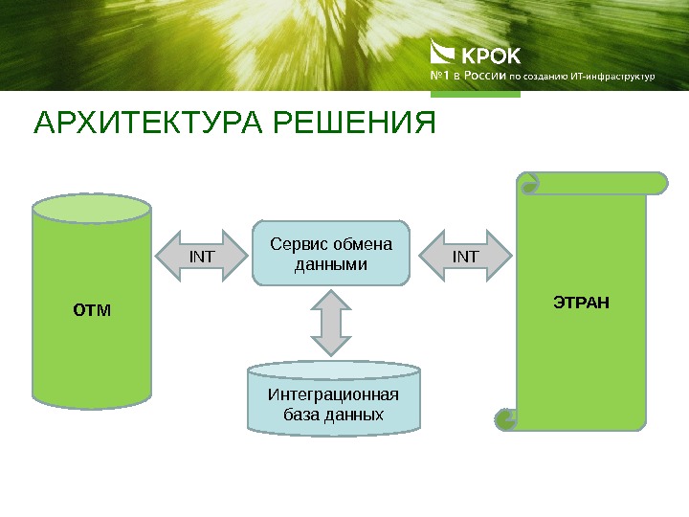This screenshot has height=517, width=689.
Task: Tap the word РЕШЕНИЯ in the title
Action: tap(354, 125)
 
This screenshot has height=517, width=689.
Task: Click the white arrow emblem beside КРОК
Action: tap(443, 52)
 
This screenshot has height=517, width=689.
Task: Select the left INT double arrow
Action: tap(202, 256)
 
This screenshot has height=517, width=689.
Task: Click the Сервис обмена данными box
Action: tap(331, 254)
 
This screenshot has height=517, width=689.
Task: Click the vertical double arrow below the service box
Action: tap(331, 323)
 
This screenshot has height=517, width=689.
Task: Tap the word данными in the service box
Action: tap(331, 263)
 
